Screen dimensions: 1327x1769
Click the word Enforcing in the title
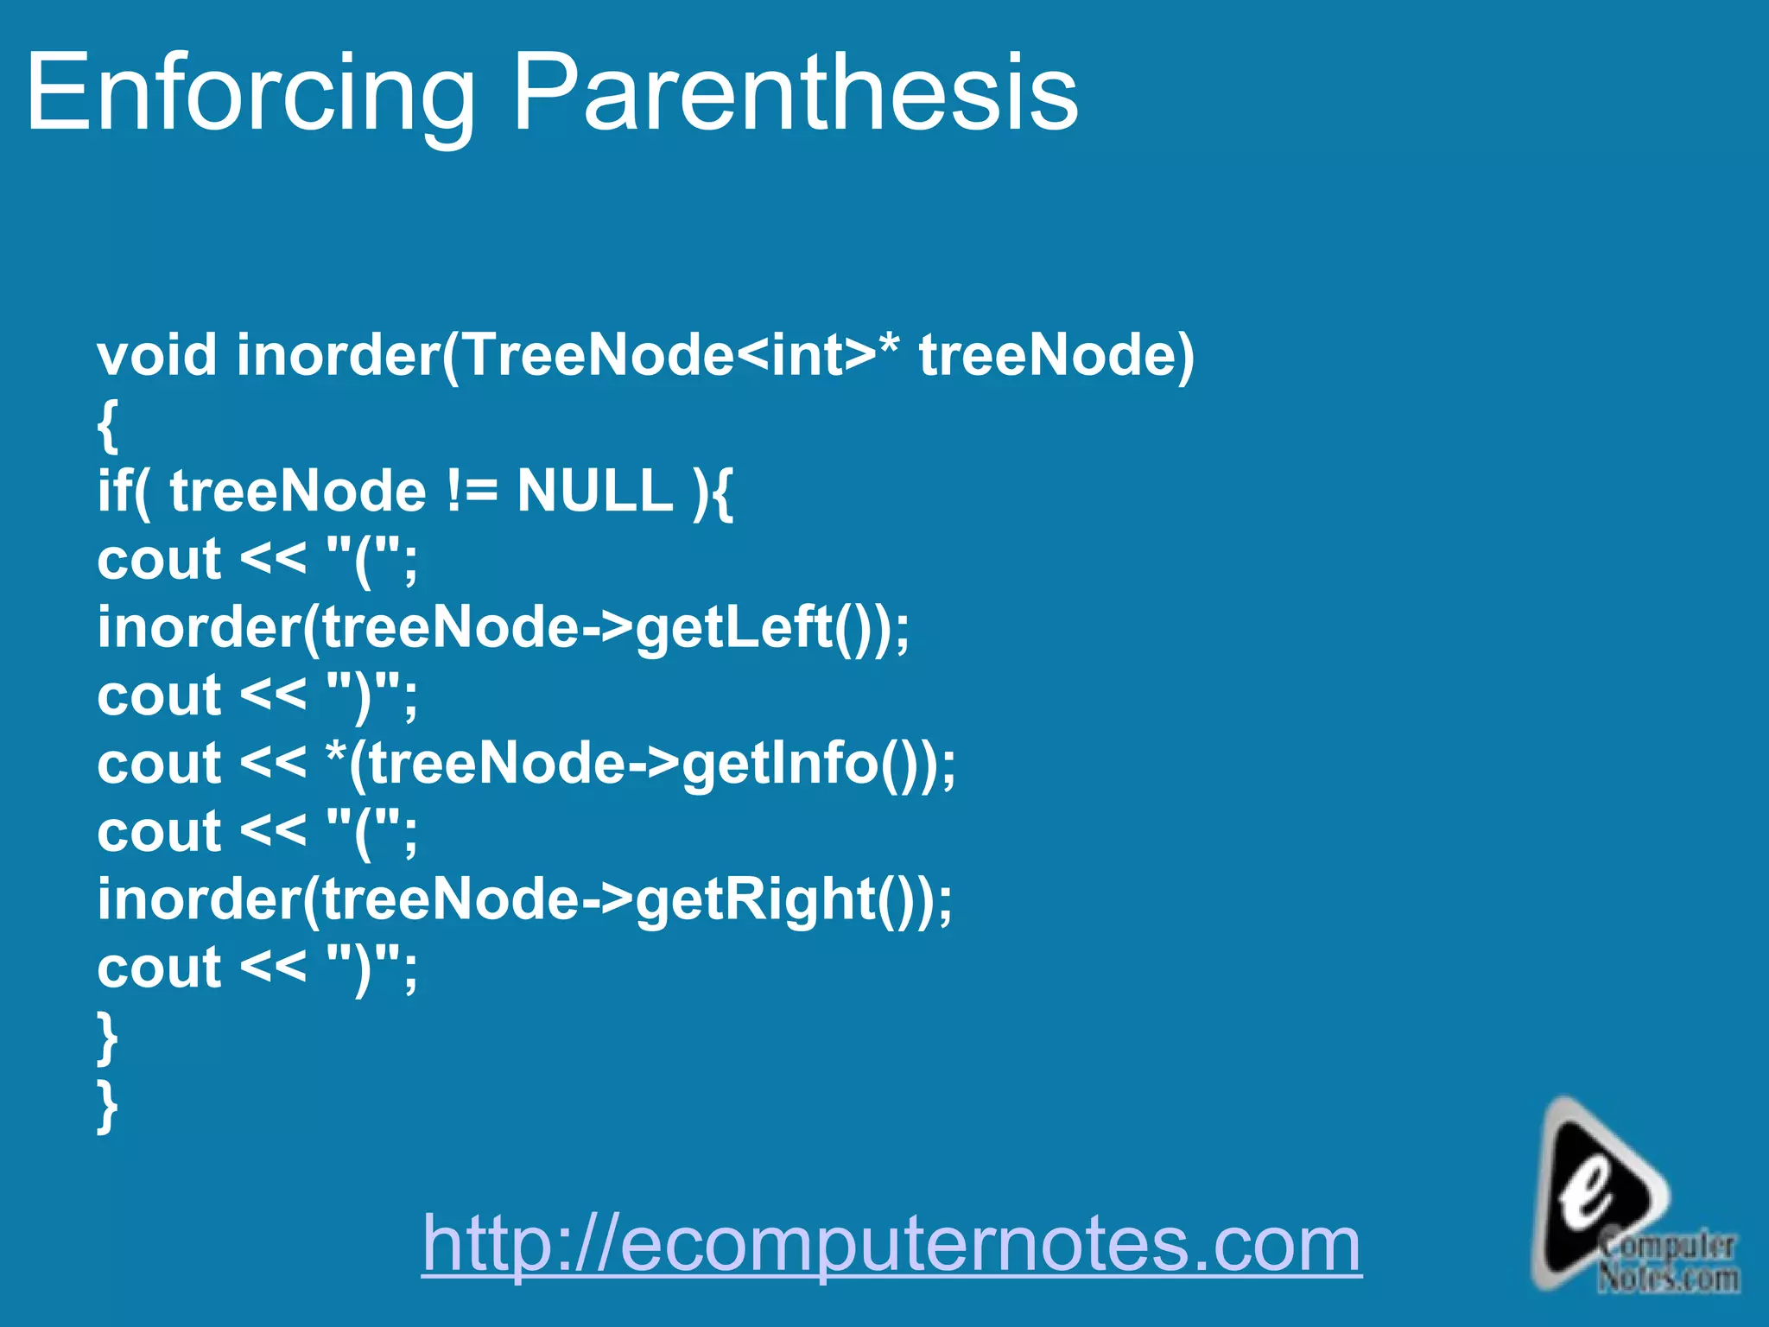[250, 92]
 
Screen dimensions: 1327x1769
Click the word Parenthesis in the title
[795, 92]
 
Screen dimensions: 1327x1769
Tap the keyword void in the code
[156, 355]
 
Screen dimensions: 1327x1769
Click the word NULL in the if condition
[594, 491]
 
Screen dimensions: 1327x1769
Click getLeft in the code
[734, 627]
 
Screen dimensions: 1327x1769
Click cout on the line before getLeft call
[159, 560]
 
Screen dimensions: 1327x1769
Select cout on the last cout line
[159, 968]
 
